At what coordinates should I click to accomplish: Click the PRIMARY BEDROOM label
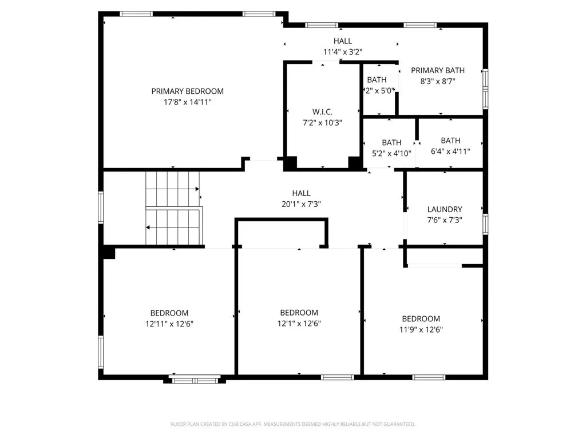187,91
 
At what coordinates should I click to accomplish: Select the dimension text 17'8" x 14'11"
187,102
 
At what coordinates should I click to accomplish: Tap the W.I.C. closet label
322,111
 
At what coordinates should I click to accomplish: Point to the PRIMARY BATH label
438,70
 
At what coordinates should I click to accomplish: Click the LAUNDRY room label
445,209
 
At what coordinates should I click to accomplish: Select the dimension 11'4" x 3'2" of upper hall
343,51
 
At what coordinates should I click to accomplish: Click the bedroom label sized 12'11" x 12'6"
169,313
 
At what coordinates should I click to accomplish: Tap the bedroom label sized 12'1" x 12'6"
299,313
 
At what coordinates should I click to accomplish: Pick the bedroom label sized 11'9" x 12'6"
421,318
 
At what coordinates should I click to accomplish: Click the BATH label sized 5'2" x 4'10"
391,142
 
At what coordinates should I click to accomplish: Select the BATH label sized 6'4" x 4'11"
450,141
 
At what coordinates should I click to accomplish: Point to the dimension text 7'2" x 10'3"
322,122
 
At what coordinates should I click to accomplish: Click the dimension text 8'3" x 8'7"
438,81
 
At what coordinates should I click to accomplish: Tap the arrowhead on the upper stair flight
198,189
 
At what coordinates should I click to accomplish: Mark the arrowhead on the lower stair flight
148,228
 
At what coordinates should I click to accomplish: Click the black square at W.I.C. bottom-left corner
291,162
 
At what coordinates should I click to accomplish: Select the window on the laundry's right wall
485,224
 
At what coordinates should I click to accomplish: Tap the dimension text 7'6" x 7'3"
445,220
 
